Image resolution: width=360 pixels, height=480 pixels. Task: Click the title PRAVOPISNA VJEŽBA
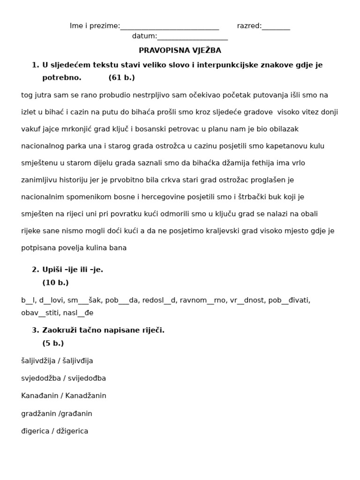point(180,50)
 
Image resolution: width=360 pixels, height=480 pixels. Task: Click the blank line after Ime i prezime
point(170,27)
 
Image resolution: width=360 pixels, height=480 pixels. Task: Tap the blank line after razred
point(276,27)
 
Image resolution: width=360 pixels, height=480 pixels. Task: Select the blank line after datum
point(193,37)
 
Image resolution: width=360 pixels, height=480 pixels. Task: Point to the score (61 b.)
point(121,78)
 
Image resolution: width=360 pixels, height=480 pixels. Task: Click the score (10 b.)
point(55,283)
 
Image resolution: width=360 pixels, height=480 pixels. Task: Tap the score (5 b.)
point(53,343)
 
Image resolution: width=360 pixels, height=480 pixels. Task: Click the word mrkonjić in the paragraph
point(104,129)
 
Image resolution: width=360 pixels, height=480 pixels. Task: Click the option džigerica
point(72,431)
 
